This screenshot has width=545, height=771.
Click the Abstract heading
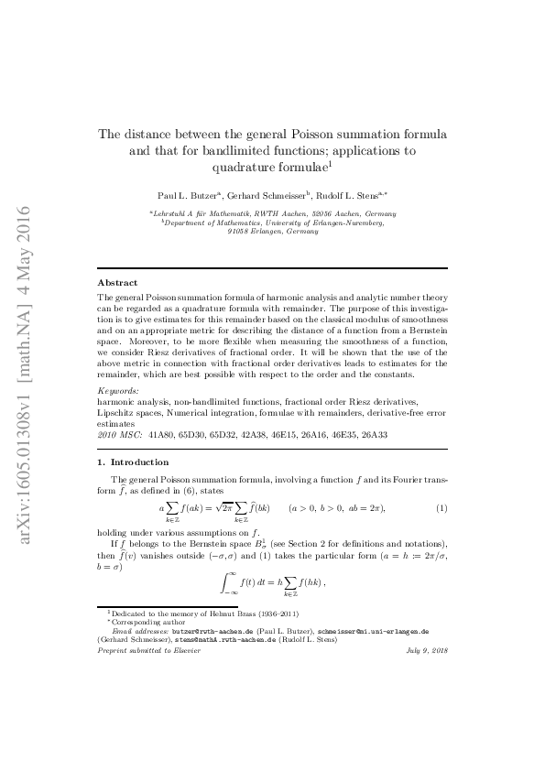point(117,283)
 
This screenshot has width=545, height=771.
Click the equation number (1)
point(441,508)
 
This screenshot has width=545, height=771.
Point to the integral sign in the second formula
point(226,582)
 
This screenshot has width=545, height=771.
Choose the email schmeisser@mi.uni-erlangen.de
point(375,631)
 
